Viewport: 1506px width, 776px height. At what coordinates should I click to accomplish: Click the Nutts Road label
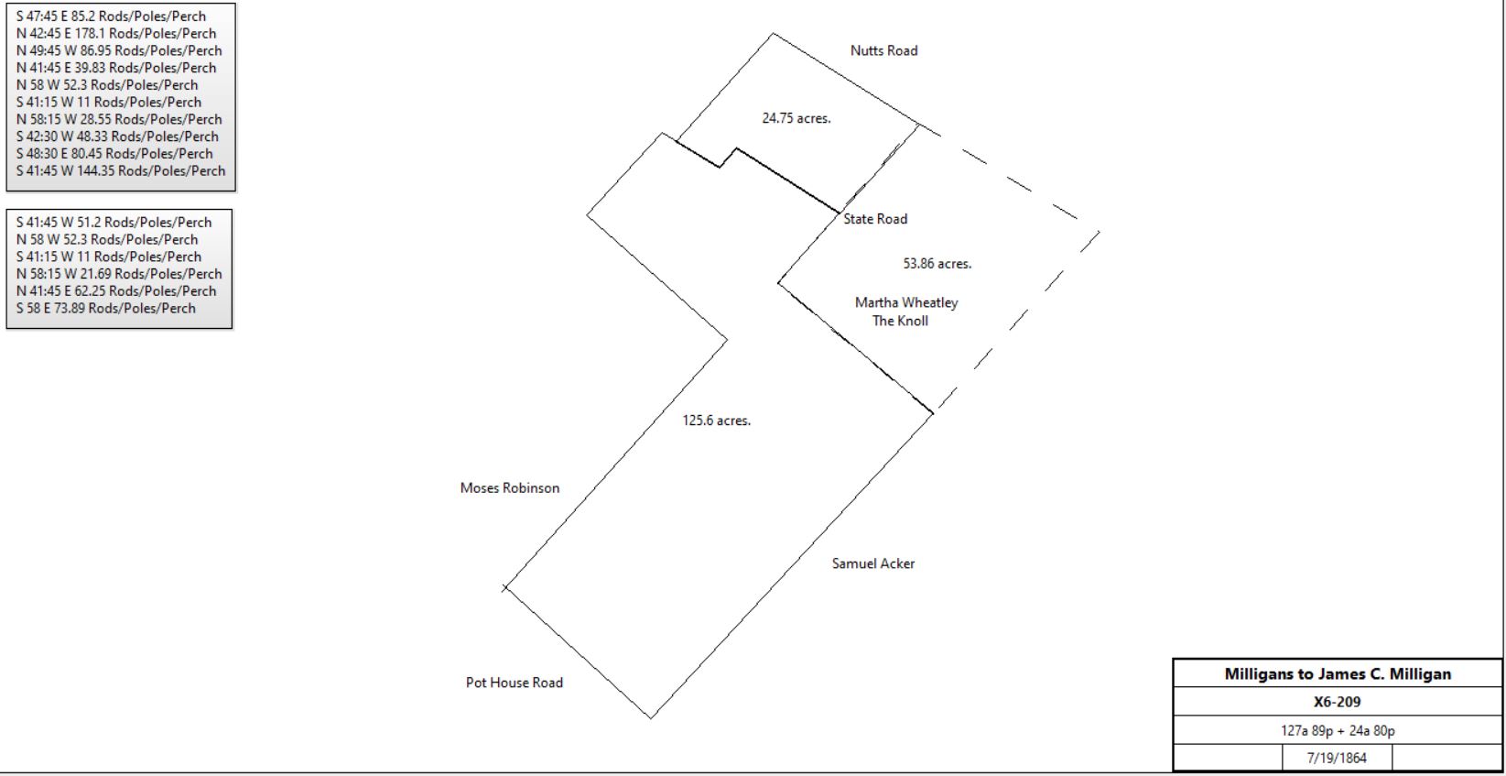(883, 50)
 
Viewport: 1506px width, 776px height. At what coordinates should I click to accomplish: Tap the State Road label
(874, 219)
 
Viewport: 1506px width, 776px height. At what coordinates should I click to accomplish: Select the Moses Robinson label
(510, 488)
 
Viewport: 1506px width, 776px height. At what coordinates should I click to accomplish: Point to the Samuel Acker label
(872, 563)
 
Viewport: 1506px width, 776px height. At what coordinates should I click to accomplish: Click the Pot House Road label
(515, 683)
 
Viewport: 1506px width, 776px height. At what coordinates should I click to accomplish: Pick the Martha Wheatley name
(906, 303)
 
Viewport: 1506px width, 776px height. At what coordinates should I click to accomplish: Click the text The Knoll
(900, 321)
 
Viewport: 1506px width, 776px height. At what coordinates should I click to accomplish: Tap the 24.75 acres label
(796, 118)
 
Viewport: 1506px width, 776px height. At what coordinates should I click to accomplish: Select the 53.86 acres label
(937, 263)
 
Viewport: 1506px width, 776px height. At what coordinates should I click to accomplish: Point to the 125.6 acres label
(717, 420)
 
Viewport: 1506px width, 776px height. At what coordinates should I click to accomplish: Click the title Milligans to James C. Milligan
(1338, 673)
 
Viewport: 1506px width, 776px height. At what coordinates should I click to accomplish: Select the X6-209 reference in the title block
(1338, 702)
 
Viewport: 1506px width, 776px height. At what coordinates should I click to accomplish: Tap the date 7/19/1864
(1337, 758)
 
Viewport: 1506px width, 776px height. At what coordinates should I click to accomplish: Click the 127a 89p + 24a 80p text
(1338, 730)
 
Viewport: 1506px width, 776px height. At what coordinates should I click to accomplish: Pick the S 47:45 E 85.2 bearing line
(111, 16)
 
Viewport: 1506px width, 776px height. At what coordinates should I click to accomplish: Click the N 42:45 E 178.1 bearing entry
(116, 34)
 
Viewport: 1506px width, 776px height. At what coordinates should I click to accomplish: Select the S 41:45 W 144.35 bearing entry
(121, 171)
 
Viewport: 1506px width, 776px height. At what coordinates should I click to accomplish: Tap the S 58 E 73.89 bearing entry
(106, 308)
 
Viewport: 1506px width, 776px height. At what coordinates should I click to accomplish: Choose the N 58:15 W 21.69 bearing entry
(119, 274)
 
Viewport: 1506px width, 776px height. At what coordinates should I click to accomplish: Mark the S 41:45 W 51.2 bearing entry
(114, 222)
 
